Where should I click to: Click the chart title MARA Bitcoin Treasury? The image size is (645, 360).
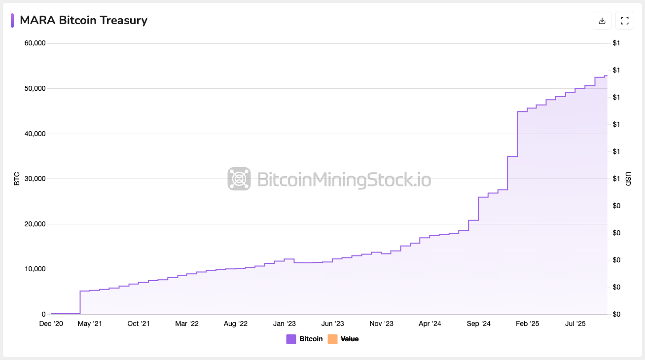pyautogui.click(x=83, y=20)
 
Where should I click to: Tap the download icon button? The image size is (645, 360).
pyautogui.click(x=602, y=21)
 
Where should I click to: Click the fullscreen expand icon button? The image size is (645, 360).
pyautogui.click(x=625, y=21)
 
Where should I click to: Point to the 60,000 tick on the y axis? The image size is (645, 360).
pyautogui.click(x=35, y=43)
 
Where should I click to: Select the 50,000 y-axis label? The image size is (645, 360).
pyautogui.click(x=35, y=89)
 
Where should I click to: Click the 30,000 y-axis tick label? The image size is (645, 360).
pyautogui.click(x=35, y=179)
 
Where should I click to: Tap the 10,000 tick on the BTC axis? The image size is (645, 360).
pyautogui.click(x=35, y=269)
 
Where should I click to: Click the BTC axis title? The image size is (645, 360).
pyautogui.click(x=17, y=179)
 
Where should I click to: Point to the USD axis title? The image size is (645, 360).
pyautogui.click(x=628, y=179)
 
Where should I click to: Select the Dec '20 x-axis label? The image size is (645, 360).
pyautogui.click(x=51, y=324)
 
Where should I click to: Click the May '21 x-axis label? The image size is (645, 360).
pyautogui.click(x=90, y=324)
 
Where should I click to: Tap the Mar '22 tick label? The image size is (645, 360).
pyautogui.click(x=187, y=324)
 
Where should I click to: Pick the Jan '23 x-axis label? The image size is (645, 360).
pyautogui.click(x=285, y=324)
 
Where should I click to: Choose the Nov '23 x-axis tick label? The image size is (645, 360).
pyautogui.click(x=382, y=324)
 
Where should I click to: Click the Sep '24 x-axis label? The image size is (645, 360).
pyautogui.click(x=478, y=324)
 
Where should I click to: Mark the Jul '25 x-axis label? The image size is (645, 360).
pyautogui.click(x=575, y=324)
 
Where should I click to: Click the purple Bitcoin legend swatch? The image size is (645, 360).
pyautogui.click(x=291, y=339)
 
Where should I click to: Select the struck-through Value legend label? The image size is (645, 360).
pyautogui.click(x=350, y=339)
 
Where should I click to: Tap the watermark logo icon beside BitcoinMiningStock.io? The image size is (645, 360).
pyautogui.click(x=239, y=179)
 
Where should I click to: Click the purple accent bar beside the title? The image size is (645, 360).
pyautogui.click(x=12, y=21)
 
